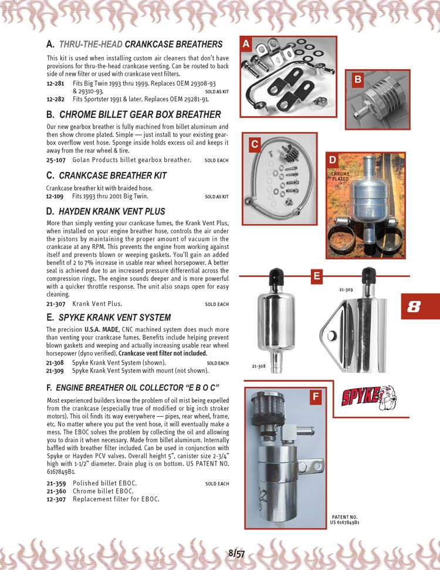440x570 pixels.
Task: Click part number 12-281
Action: pos(55,84)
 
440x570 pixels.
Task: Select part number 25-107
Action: pos(55,160)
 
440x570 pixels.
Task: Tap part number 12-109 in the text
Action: pos(55,196)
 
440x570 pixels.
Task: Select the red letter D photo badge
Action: pos(333,160)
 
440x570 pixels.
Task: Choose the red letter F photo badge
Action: pos(316,397)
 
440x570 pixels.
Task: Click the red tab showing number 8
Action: pos(415,306)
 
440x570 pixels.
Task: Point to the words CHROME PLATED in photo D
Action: pos(340,177)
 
